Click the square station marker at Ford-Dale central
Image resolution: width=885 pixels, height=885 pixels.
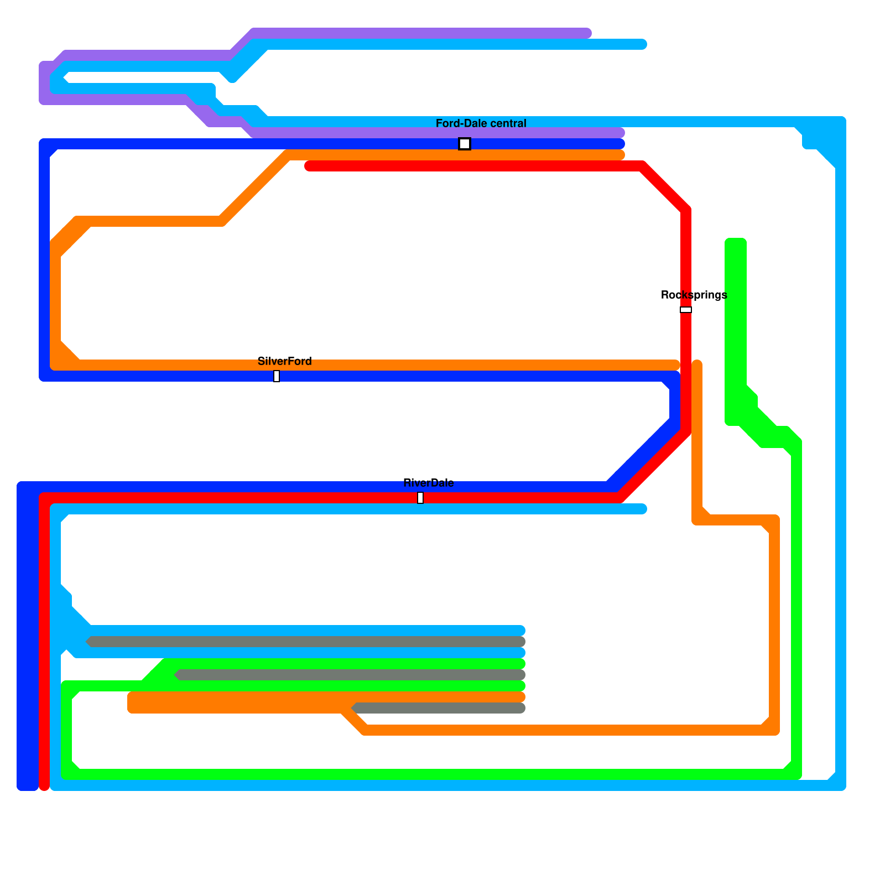point(465,144)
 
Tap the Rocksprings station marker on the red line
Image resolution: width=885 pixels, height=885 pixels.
point(686,310)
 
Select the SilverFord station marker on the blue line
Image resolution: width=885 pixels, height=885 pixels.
point(277,376)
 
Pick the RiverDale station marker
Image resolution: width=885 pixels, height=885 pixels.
point(420,498)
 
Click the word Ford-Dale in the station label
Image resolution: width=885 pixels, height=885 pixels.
point(460,123)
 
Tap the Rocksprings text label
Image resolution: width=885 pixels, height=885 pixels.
point(694,295)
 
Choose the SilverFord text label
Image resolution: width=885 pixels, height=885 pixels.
point(284,361)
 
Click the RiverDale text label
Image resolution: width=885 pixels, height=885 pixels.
point(428,483)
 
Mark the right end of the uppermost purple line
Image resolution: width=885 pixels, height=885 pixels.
point(587,33)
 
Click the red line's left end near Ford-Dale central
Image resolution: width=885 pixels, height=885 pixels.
point(309,166)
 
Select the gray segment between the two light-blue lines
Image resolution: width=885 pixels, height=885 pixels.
point(304,642)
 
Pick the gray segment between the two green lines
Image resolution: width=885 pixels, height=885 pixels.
point(348,675)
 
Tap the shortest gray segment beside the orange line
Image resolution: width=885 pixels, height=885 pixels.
point(437,708)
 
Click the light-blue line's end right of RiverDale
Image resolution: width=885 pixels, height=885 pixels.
point(643,509)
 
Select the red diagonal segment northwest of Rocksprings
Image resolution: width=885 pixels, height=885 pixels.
point(664,188)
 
